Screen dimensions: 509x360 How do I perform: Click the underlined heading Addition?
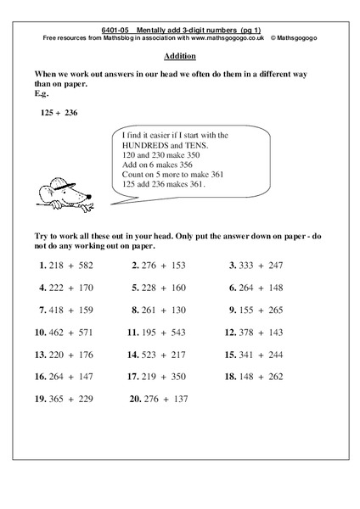point(179,56)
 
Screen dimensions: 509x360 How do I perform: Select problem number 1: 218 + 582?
point(65,265)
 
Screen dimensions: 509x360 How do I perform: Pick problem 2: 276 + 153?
point(159,265)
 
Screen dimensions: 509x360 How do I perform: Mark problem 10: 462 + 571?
point(64,332)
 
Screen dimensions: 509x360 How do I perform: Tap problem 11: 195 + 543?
point(158,332)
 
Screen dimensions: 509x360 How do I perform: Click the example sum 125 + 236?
point(59,111)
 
